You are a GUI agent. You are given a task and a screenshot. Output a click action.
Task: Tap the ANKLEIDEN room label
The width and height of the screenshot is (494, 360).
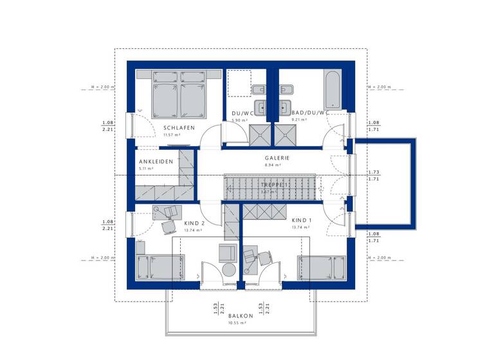[156, 161]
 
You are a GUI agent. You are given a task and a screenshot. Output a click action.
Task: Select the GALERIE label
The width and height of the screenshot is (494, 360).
[277, 157]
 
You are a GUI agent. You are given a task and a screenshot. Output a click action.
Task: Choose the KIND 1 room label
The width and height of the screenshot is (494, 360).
[302, 221]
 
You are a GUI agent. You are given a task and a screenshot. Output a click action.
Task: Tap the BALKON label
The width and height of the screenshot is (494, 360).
[241, 316]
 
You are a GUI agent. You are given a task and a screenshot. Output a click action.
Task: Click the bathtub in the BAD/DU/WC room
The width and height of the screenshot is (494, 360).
[332, 90]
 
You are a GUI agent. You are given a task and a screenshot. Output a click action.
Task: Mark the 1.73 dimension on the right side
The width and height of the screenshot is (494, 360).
[372, 172]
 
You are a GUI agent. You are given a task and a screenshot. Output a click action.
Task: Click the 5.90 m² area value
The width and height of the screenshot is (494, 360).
[240, 120]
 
